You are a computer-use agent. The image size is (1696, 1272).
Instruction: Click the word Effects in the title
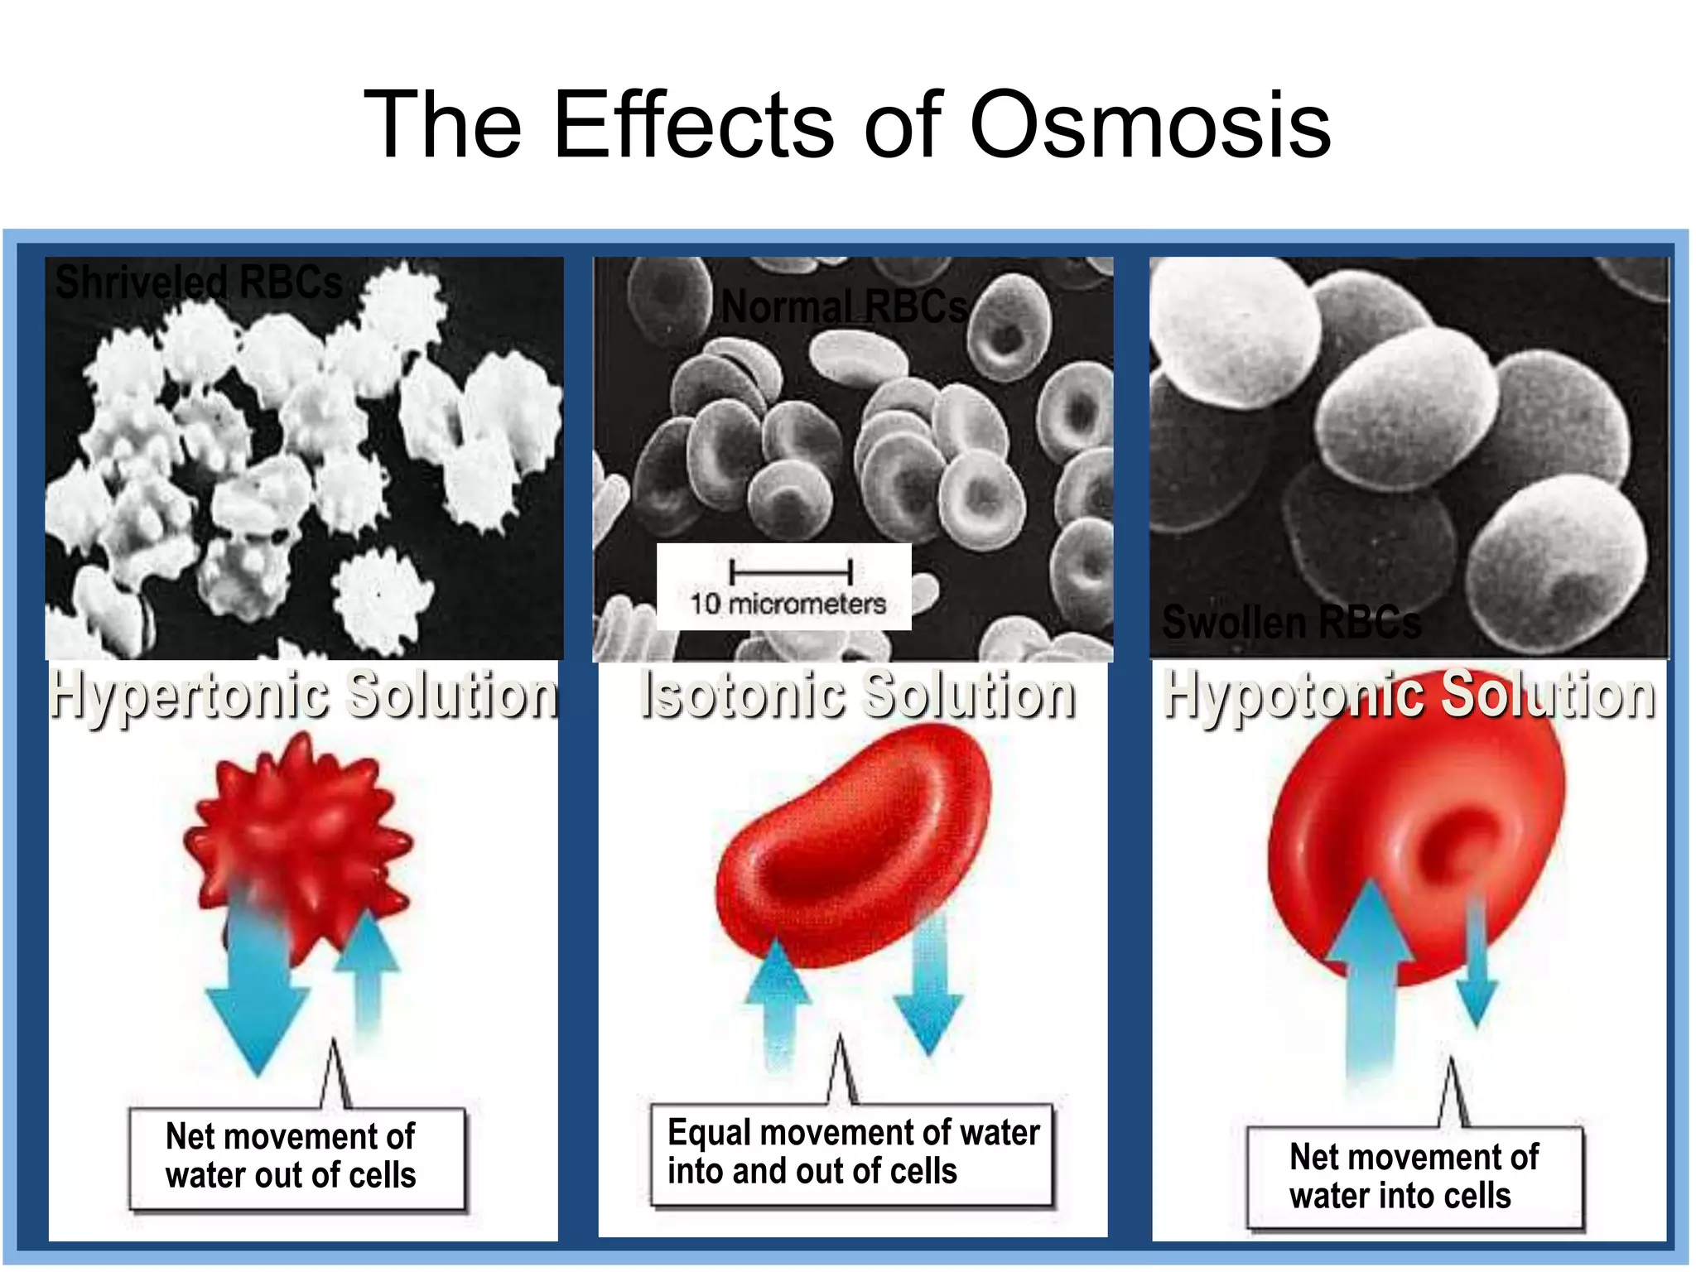click(694, 126)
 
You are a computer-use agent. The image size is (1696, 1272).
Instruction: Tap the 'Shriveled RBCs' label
click(199, 282)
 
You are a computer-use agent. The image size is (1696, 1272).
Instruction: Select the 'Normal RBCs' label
click(843, 307)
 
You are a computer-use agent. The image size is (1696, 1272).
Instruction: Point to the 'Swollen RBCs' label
click(1291, 622)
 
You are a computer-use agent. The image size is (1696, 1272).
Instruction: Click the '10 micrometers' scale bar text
click(788, 603)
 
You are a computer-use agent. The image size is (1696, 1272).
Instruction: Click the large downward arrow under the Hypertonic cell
click(257, 994)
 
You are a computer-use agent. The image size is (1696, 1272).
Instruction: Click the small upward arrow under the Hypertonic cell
click(369, 969)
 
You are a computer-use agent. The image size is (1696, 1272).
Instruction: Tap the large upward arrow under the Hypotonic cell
click(1371, 977)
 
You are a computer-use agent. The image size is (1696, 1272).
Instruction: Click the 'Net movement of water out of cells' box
click(296, 1157)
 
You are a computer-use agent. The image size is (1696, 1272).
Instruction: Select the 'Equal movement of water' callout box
click(852, 1153)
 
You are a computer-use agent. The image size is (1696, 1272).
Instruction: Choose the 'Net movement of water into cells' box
click(1414, 1177)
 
